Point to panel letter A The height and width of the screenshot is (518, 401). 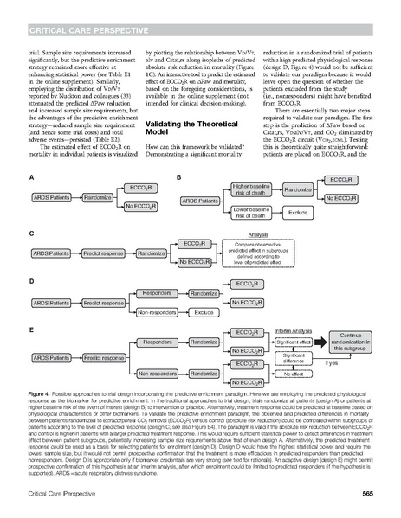(30, 177)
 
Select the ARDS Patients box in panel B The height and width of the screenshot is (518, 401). (200, 200)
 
